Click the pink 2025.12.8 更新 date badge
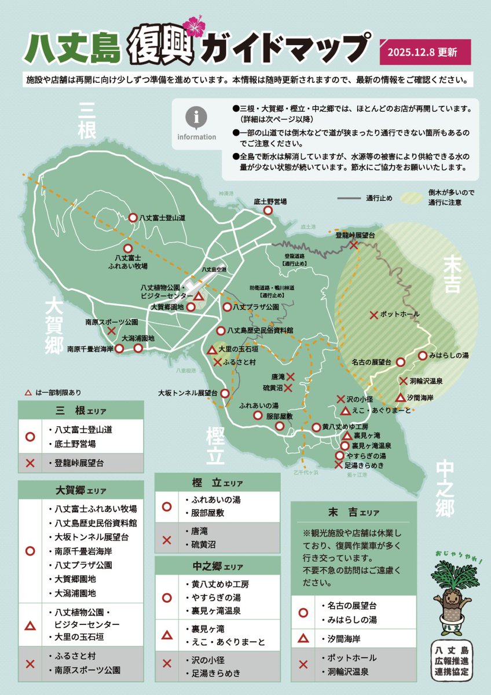coord(425,52)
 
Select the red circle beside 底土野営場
coord(268,211)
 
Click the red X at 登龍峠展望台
coord(354,245)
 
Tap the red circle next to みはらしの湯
coord(423,355)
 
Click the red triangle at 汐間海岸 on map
coord(400,398)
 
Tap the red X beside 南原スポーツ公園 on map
coord(111,331)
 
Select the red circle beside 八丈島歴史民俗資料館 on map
coord(221,331)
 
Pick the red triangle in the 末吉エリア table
coord(303,639)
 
